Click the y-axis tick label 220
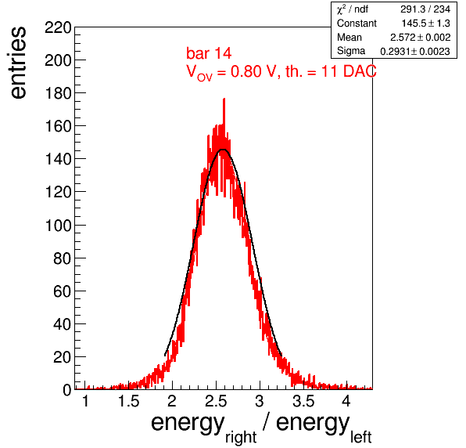click(58, 28)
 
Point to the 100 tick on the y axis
click(58, 226)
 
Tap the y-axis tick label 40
click(63, 324)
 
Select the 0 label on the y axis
click(67, 390)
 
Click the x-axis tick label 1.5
click(129, 401)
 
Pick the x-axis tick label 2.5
click(216, 401)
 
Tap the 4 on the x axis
click(346, 401)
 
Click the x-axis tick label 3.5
click(303, 401)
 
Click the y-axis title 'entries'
click(19, 63)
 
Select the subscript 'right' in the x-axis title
click(241, 438)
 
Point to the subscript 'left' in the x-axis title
click(361, 437)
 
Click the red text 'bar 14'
click(209, 53)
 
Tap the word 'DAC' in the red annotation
click(360, 71)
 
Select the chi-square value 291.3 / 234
click(425, 9)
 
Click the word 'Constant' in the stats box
click(357, 23)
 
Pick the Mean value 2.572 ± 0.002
click(420, 38)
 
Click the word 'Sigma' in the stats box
click(351, 51)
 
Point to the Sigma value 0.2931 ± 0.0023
click(415, 51)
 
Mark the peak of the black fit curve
click(223, 149)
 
